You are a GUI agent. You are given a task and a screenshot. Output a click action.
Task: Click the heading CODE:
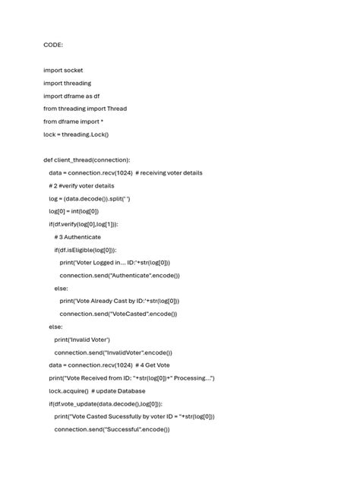pos(53,45)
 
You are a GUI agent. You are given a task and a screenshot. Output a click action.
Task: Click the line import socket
pos(63,71)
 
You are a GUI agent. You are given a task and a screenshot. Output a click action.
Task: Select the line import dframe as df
pos(71,96)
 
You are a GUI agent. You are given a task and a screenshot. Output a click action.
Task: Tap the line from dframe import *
pos(74,122)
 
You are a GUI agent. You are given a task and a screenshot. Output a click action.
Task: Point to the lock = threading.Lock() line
pos(76,134)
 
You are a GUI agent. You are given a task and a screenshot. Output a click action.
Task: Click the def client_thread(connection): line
pos(87,160)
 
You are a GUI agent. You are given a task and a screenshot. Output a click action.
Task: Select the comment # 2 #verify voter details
pos(81,186)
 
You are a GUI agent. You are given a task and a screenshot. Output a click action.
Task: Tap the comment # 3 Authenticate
pos(77,237)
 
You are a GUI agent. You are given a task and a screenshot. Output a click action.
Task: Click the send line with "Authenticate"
pos(120,276)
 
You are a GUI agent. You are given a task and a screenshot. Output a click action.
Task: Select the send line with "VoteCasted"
pos(118,314)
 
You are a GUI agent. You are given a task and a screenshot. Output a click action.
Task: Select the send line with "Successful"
pos(112,429)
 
